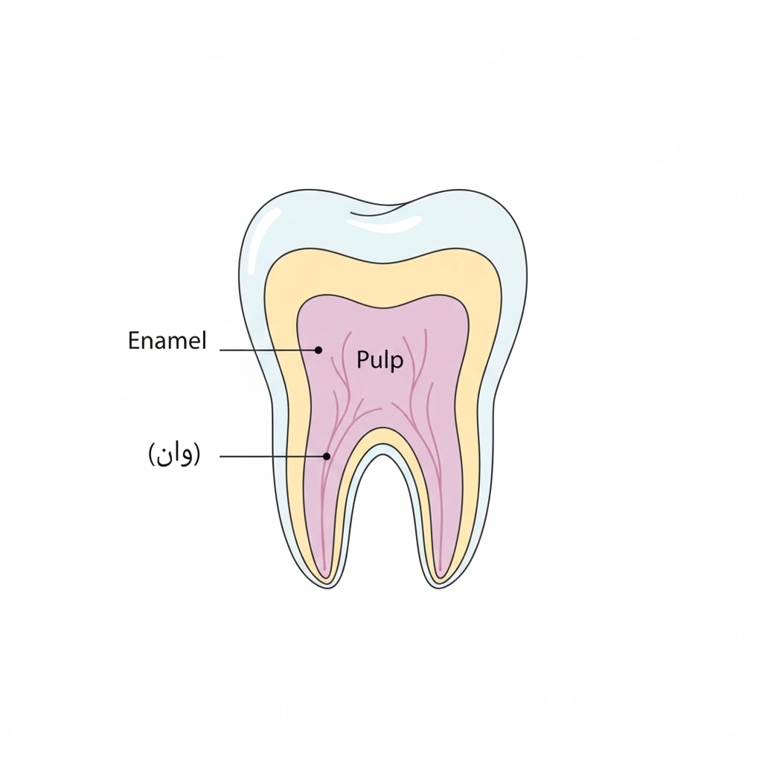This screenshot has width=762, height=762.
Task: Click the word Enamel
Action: click(167, 341)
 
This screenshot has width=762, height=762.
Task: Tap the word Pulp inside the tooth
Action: click(380, 361)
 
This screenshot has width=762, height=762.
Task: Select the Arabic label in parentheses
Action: click(174, 455)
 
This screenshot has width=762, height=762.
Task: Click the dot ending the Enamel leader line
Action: click(318, 350)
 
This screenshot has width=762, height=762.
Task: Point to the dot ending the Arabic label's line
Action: click(327, 456)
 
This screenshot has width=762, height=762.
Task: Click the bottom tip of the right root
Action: click(438, 589)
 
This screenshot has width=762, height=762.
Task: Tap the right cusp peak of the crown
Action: click(459, 190)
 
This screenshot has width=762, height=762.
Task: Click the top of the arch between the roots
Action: click(383, 455)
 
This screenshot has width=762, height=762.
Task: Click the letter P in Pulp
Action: click(362, 359)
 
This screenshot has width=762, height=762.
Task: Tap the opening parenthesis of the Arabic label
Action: click(151, 455)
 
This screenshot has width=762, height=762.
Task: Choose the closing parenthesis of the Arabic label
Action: click(196, 455)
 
